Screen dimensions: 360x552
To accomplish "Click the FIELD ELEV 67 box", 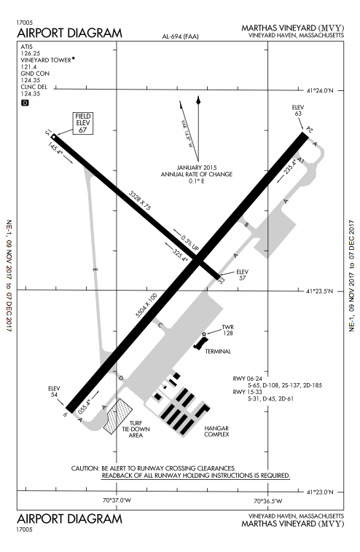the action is tap(83, 123).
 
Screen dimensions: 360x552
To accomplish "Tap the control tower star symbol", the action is tap(204, 334).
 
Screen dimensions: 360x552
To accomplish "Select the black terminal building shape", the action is tap(201, 343).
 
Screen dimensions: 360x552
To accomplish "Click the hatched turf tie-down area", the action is tap(117, 416).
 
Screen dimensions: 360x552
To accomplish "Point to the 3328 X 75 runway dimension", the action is tap(140, 200).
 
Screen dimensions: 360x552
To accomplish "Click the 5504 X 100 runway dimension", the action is tap(146, 305).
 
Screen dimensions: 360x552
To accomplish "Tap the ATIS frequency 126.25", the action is tap(31, 53).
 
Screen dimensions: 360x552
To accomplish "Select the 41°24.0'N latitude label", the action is tap(320, 91).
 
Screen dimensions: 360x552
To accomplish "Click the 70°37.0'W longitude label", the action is tap(117, 500).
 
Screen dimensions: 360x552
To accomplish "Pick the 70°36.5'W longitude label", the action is tap(268, 500).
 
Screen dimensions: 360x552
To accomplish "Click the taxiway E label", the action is tap(95, 270).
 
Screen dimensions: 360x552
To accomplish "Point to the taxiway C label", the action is tap(160, 326).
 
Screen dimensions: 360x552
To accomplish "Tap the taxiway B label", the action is tap(246, 224).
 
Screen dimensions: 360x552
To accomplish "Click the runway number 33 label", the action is tap(222, 280).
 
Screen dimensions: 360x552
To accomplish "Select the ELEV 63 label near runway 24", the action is tap(298, 111).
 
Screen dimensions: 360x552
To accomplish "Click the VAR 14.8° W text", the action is tap(187, 134).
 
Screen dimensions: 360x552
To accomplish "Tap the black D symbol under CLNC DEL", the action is tap(25, 103).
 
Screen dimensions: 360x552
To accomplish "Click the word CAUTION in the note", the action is tap(85, 468).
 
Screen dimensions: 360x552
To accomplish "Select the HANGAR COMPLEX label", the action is tap(216, 431).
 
